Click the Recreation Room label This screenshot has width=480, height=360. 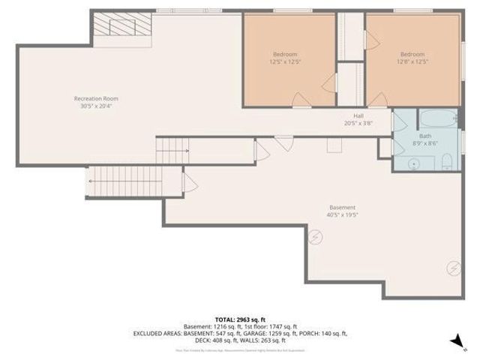pyautogui.click(x=95, y=98)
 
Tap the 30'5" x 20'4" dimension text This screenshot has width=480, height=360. pyautogui.click(x=95, y=106)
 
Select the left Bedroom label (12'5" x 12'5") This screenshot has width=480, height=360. pyautogui.click(x=285, y=54)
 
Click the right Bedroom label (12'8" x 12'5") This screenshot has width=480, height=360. pyautogui.click(x=412, y=54)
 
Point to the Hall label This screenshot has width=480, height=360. pyautogui.click(x=358, y=115)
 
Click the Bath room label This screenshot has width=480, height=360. pyautogui.click(x=424, y=135)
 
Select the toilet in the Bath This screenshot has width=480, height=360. pyautogui.click(x=445, y=162)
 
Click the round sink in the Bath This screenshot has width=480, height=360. pyautogui.click(x=412, y=163)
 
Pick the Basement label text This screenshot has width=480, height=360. pyautogui.click(x=341, y=207)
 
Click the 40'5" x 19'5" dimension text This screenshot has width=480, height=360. pyautogui.click(x=341, y=215)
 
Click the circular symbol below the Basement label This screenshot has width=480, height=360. pyautogui.click(x=316, y=238)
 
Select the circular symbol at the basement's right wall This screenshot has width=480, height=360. pyautogui.click(x=452, y=267)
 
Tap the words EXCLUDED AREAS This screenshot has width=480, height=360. pyautogui.click(x=157, y=333)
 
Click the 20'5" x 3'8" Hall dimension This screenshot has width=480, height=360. pyautogui.click(x=358, y=124)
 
